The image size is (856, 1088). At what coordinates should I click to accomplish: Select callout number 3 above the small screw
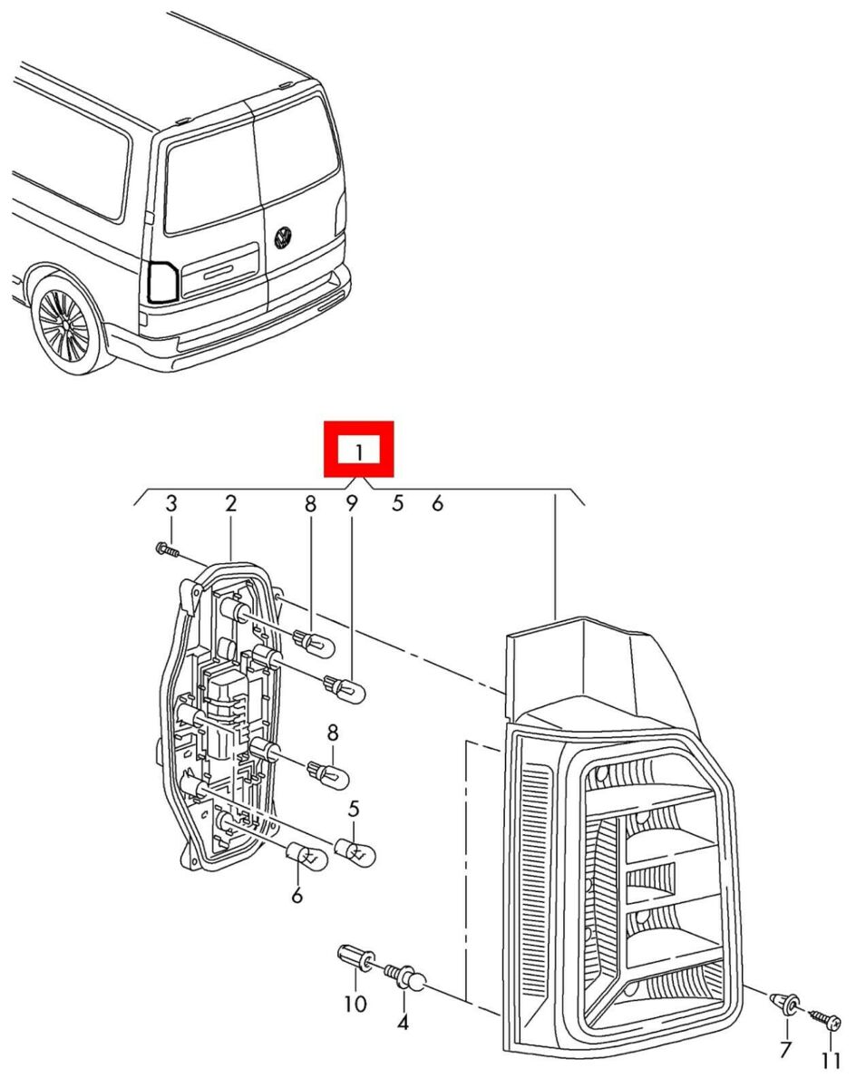tap(170, 504)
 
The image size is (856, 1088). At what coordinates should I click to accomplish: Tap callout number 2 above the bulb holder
tap(231, 504)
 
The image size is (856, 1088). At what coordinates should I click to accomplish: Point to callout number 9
tap(352, 504)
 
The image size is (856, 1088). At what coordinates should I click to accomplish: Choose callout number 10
tap(355, 1004)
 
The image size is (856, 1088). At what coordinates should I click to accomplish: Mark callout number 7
tap(785, 1050)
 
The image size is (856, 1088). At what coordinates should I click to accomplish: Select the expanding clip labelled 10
tap(355, 956)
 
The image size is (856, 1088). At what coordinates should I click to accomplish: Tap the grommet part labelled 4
tap(406, 978)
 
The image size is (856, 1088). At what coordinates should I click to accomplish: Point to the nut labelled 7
tap(785, 1002)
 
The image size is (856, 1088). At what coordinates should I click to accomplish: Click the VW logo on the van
tap(284, 238)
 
